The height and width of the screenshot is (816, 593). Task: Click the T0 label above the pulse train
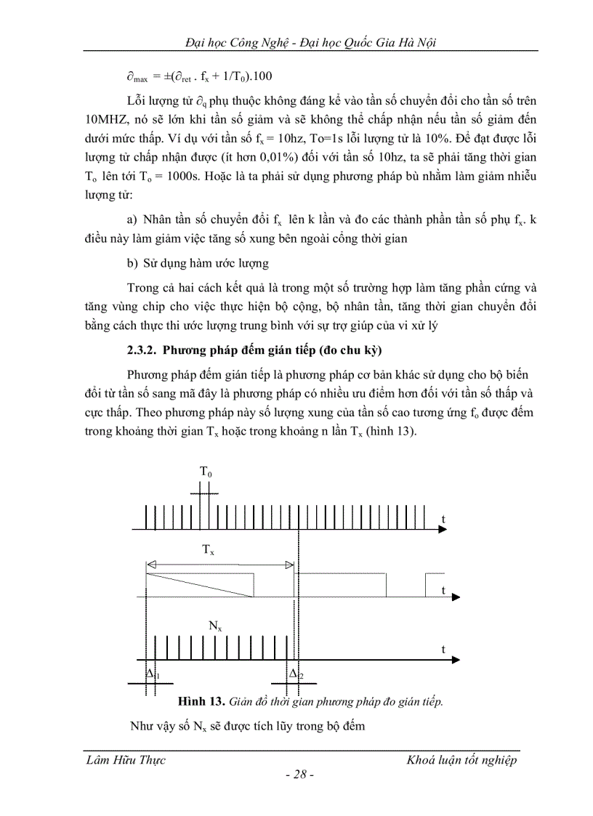click(x=206, y=472)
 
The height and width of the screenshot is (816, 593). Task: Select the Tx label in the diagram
click(x=208, y=551)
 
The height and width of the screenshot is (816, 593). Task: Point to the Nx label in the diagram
click(x=215, y=624)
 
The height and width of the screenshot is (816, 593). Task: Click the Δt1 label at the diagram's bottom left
click(x=153, y=674)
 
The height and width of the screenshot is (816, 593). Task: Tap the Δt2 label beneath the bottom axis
click(x=296, y=674)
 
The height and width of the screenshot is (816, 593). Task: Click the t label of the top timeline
click(x=443, y=517)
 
